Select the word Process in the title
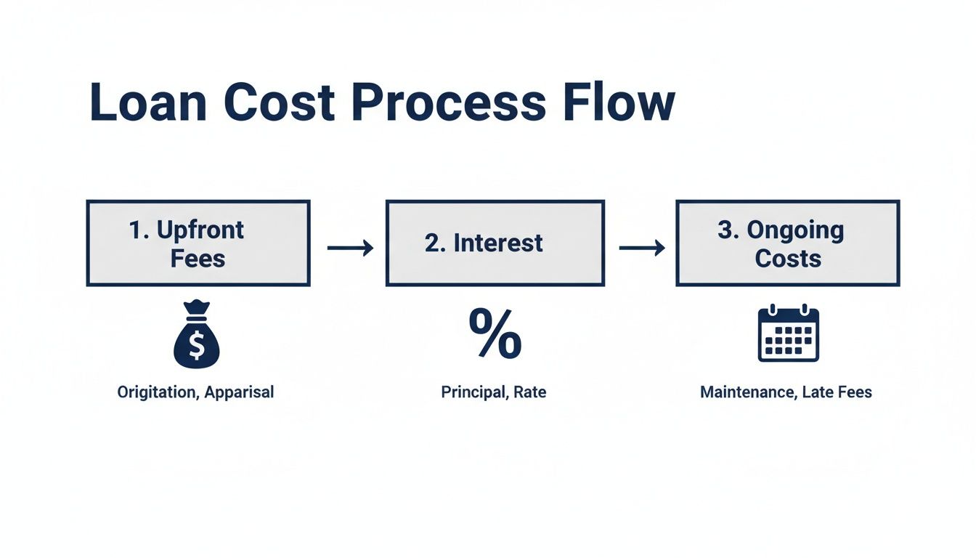coord(447,102)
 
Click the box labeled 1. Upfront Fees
coord(198,243)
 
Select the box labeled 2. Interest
coord(495,243)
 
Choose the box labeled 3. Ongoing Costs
coord(788,243)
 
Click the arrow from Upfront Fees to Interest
coord(350,248)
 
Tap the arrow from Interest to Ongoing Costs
coord(642,248)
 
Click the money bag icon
coord(196,335)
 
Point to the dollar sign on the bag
coord(196,344)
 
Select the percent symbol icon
coord(495,334)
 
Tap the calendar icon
coord(788,334)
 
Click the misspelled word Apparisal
coord(239,392)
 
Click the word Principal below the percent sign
coord(473,392)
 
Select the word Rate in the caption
coord(529,392)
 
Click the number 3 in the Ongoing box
coord(724,230)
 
